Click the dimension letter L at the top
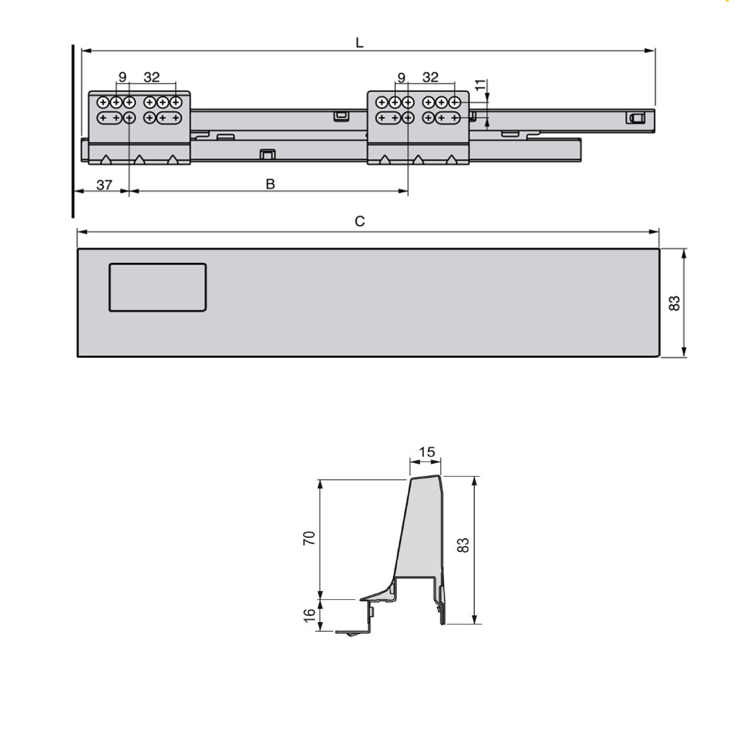pyautogui.click(x=359, y=43)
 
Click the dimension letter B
pyautogui.click(x=270, y=184)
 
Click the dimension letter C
pyautogui.click(x=360, y=221)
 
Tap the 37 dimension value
pyautogui.click(x=104, y=185)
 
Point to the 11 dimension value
pyautogui.click(x=480, y=85)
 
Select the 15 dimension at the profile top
pyautogui.click(x=427, y=452)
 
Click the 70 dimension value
pyautogui.click(x=309, y=538)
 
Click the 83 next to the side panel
pyautogui.click(x=674, y=303)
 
